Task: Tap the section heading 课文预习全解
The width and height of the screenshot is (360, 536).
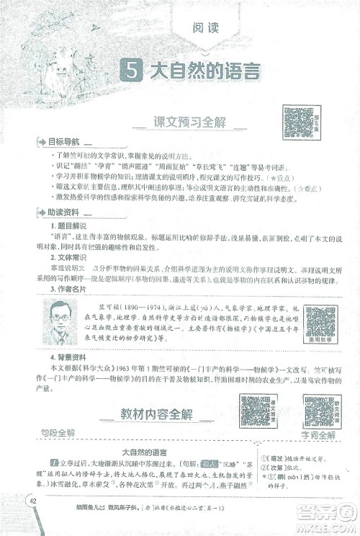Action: point(189,122)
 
